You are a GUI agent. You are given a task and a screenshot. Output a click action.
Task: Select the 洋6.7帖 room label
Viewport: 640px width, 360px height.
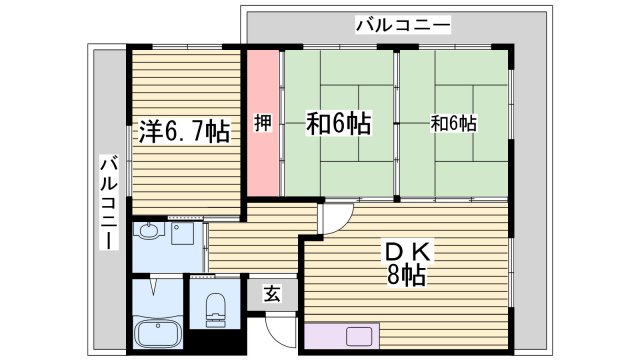(x=185, y=132)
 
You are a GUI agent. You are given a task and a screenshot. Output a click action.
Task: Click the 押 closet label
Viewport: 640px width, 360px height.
(x=263, y=124)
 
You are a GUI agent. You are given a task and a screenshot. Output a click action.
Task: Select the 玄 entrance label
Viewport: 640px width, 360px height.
(x=272, y=292)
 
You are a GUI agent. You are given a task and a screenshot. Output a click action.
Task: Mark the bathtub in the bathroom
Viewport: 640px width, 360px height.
(x=155, y=333)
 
